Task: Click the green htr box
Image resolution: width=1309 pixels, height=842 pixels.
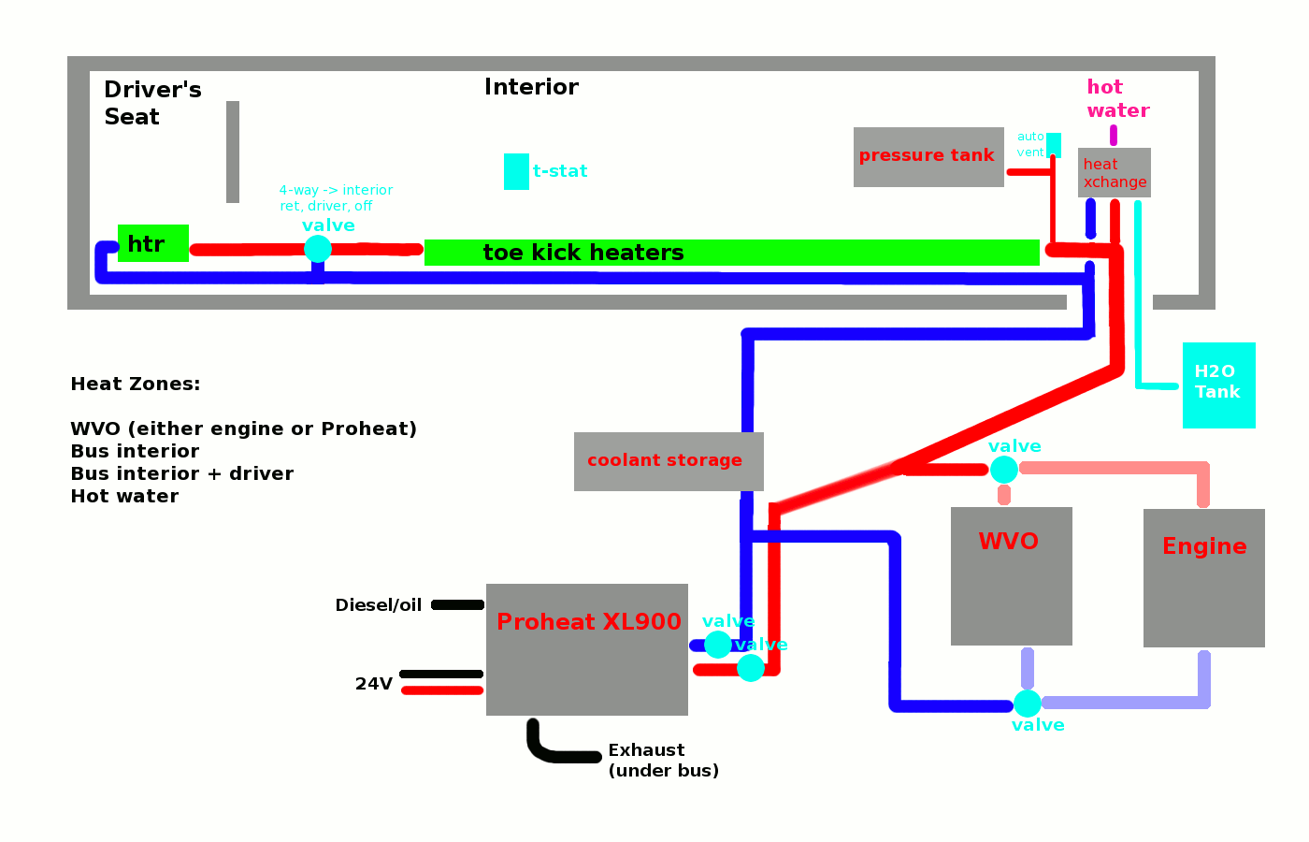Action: point(152,243)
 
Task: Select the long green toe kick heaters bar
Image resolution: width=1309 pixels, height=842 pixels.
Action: point(731,253)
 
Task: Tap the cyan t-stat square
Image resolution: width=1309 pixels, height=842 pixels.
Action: point(516,171)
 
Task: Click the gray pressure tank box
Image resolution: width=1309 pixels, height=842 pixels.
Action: point(928,156)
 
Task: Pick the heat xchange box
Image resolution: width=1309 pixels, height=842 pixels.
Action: point(1114,172)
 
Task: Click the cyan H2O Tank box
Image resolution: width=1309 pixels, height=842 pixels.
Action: point(1218,385)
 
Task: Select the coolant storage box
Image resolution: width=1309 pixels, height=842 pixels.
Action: point(668,461)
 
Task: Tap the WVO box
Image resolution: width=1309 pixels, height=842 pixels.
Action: point(1011,576)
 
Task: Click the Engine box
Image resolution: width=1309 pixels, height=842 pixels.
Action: point(1203,578)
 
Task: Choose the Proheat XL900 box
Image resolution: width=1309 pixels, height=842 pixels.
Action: point(586,649)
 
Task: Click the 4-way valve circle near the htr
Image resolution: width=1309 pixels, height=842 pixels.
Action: point(318,249)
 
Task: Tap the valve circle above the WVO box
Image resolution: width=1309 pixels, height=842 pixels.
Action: point(1003,469)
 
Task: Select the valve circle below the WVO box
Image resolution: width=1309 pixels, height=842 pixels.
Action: point(1027,704)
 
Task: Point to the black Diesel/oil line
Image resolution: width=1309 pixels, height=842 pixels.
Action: point(457,605)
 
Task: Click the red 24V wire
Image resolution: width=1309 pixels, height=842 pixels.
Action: point(442,690)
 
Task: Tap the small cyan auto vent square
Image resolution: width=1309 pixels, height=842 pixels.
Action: point(1054,145)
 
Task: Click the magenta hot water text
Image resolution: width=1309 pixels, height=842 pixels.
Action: point(1116,98)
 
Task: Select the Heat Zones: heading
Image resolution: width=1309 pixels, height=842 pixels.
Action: point(136,384)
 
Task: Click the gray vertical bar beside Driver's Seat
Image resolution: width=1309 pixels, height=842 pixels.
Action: point(233,152)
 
